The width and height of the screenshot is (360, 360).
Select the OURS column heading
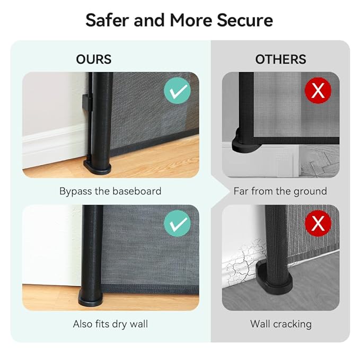94,59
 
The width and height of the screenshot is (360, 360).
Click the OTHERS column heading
280,59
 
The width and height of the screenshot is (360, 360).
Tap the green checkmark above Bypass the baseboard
177,91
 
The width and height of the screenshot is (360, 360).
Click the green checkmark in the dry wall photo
177,223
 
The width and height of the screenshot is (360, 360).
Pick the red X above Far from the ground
318,91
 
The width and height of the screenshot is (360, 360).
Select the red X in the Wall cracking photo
318,223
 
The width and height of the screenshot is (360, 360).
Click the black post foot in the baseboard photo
98,166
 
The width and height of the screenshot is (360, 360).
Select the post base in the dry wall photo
91,298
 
